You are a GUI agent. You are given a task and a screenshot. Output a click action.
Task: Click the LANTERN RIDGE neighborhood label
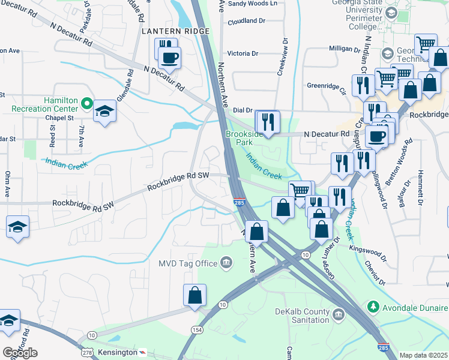(x=175, y=31)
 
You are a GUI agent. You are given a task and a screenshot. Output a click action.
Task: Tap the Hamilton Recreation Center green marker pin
(x=86, y=104)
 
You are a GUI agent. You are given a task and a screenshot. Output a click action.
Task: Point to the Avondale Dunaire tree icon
(x=373, y=307)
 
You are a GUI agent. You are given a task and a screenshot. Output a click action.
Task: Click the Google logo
(x=20, y=353)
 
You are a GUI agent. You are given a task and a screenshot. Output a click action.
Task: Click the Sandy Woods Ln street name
(x=253, y=4)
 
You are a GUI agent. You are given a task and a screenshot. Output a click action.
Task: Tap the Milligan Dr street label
(x=343, y=48)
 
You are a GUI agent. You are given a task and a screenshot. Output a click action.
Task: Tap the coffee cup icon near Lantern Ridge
(x=169, y=58)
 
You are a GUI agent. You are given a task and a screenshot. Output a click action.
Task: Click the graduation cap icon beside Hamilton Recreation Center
(x=105, y=111)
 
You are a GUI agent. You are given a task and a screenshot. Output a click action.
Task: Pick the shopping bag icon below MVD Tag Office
(x=194, y=295)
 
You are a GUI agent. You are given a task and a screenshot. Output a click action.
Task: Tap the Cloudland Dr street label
(x=246, y=21)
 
